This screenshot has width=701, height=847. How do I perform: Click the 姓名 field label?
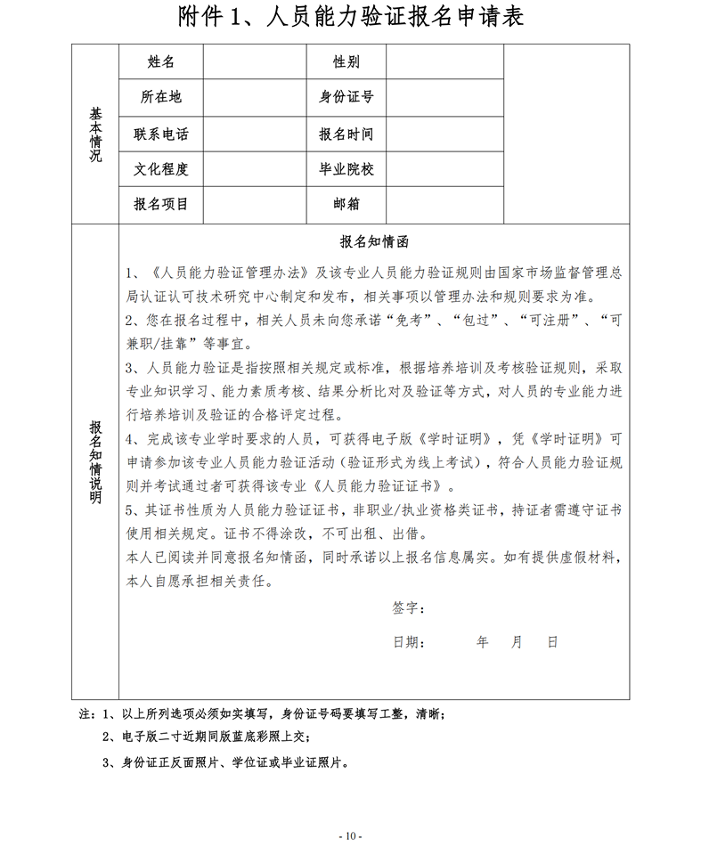[x=160, y=61]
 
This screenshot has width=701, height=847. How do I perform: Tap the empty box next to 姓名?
[x=254, y=61]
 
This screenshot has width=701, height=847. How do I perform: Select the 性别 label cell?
[x=346, y=61]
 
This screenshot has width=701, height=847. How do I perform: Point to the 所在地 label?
[x=160, y=97]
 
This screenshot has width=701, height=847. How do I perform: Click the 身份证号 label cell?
[x=346, y=97]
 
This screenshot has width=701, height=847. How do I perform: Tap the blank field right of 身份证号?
[x=444, y=97]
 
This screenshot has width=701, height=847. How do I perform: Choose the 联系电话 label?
[x=160, y=134]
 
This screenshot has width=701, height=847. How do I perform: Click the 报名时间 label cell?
[x=346, y=134]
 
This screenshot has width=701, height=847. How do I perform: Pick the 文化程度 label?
[x=160, y=169]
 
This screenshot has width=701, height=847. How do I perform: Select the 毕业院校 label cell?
[x=346, y=169]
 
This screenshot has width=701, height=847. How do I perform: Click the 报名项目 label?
[x=160, y=204]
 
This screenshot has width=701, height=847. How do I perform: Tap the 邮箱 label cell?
[x=346, y=204]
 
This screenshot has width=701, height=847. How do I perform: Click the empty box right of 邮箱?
[x=444, y=204]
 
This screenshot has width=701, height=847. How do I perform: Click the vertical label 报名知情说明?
[x=95, y=460]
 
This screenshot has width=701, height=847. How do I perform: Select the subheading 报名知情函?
[x=374, y=241]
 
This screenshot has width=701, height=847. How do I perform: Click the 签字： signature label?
[x=408, y=607]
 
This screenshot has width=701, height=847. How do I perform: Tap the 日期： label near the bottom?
[x=408, y=641]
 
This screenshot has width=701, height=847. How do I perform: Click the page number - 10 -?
[x=350, y=835]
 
